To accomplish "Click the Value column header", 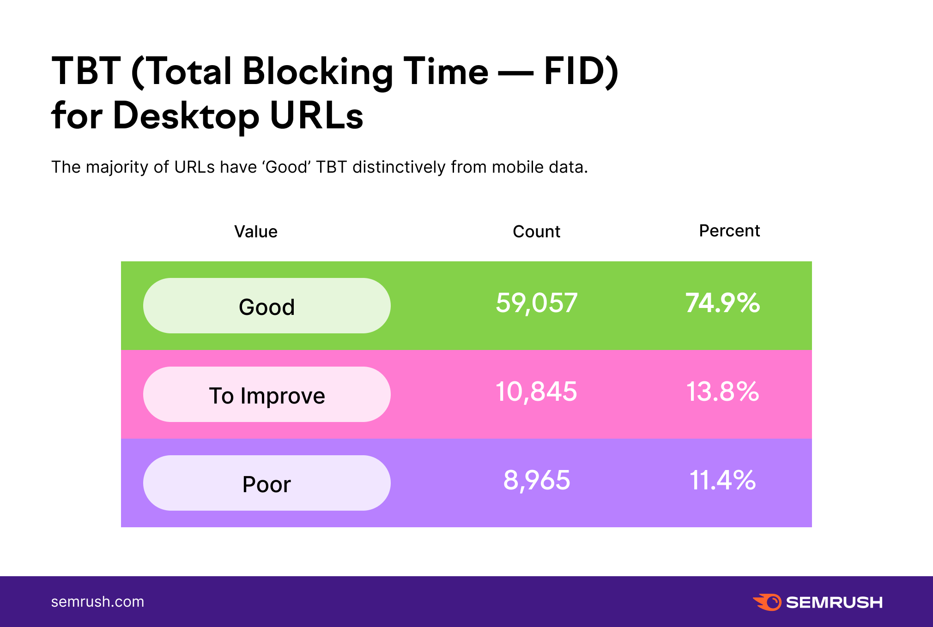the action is click(x=256, y=231).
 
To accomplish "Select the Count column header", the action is click(x=536, y=231).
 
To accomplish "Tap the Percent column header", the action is click(x=729, y=230).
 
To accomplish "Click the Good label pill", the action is click(x=267, y=306).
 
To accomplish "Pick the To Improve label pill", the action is click(x=267, y=394).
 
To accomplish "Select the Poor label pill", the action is click(x=267, y=483).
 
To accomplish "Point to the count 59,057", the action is click(x=536, y=303).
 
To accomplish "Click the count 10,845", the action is click(x=536, y=392).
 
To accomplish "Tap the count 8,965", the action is click(x=536, y=481).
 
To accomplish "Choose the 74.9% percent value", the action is click(x=722, y=303).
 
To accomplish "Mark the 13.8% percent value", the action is click(x=722, y=392).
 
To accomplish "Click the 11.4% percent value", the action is click(x=722, y=481).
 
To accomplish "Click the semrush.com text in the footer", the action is click(x=97, y=602).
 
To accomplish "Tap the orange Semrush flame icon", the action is click(x=767, y=602).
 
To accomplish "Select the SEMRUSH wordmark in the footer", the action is click(x=834, y=603).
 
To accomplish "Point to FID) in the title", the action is click(x=581, y=72).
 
